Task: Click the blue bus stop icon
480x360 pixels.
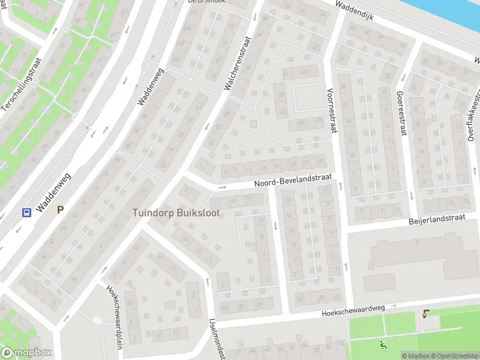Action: [26, 212]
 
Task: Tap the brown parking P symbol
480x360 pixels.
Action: [59, 210]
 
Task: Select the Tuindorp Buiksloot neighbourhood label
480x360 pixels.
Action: [176, 212]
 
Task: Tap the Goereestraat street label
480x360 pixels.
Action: [400, 113]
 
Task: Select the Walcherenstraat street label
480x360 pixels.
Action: [236, 63]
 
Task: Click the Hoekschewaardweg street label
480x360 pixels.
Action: [352, 309]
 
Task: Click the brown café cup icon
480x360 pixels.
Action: [427, 313]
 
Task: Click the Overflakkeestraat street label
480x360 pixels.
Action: [474, 117]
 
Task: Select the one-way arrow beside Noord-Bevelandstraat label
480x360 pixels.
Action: [221, 187]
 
